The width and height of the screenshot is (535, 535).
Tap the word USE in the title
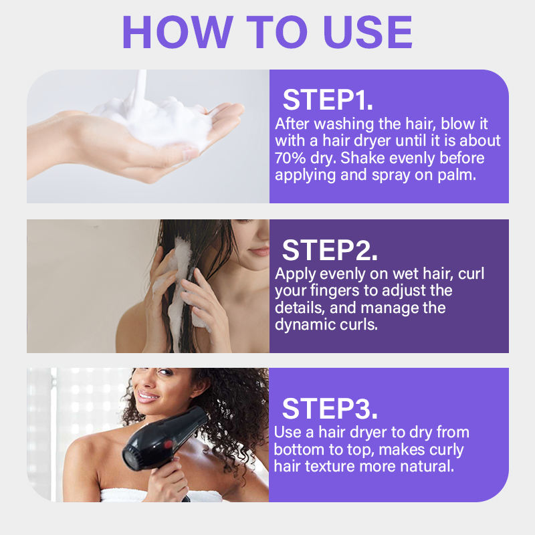click(x=368, y=31)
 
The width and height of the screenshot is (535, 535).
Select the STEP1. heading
click(x=328, y=100)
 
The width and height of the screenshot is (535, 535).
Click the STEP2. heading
click(x=330, y=250)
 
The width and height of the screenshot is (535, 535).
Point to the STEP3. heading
click(x=330, y=409)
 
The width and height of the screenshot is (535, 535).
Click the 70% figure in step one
click(x=290, y=158)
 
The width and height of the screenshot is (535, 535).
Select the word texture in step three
click(x=330, y=467)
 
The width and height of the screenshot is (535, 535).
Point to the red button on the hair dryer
click(x=169, y=444)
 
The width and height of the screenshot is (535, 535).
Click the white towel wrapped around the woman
click(x=160, y=496)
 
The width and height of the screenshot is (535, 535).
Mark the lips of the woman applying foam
click(x=260, y=251)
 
